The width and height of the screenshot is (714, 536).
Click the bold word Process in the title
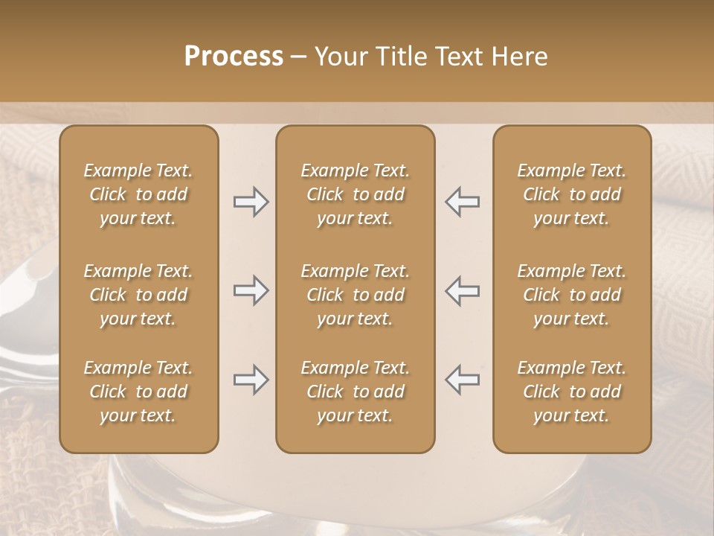point(234,57)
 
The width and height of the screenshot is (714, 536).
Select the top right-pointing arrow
point(251,202)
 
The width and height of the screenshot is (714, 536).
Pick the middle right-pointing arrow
point(251,290)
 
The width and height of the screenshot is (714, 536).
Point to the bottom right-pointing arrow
point(251,380)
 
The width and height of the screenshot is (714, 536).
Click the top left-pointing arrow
point(462,202)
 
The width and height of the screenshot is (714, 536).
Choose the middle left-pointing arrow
point(462,290)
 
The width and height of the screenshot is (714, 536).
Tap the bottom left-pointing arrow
point(462,380)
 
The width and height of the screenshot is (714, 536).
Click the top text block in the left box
point(138,194)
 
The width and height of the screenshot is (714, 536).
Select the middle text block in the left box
point(138,295)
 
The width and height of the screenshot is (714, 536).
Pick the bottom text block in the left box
point(138,392)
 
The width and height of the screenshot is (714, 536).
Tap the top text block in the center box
point(356,194)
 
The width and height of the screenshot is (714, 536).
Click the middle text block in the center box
point(356,295)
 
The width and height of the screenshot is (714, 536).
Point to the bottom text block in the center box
point(356,392)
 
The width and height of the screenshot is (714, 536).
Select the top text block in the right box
point(572,194)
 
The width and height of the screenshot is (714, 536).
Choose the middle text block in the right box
point(572,295)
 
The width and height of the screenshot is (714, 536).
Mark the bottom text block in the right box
point(572,392)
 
